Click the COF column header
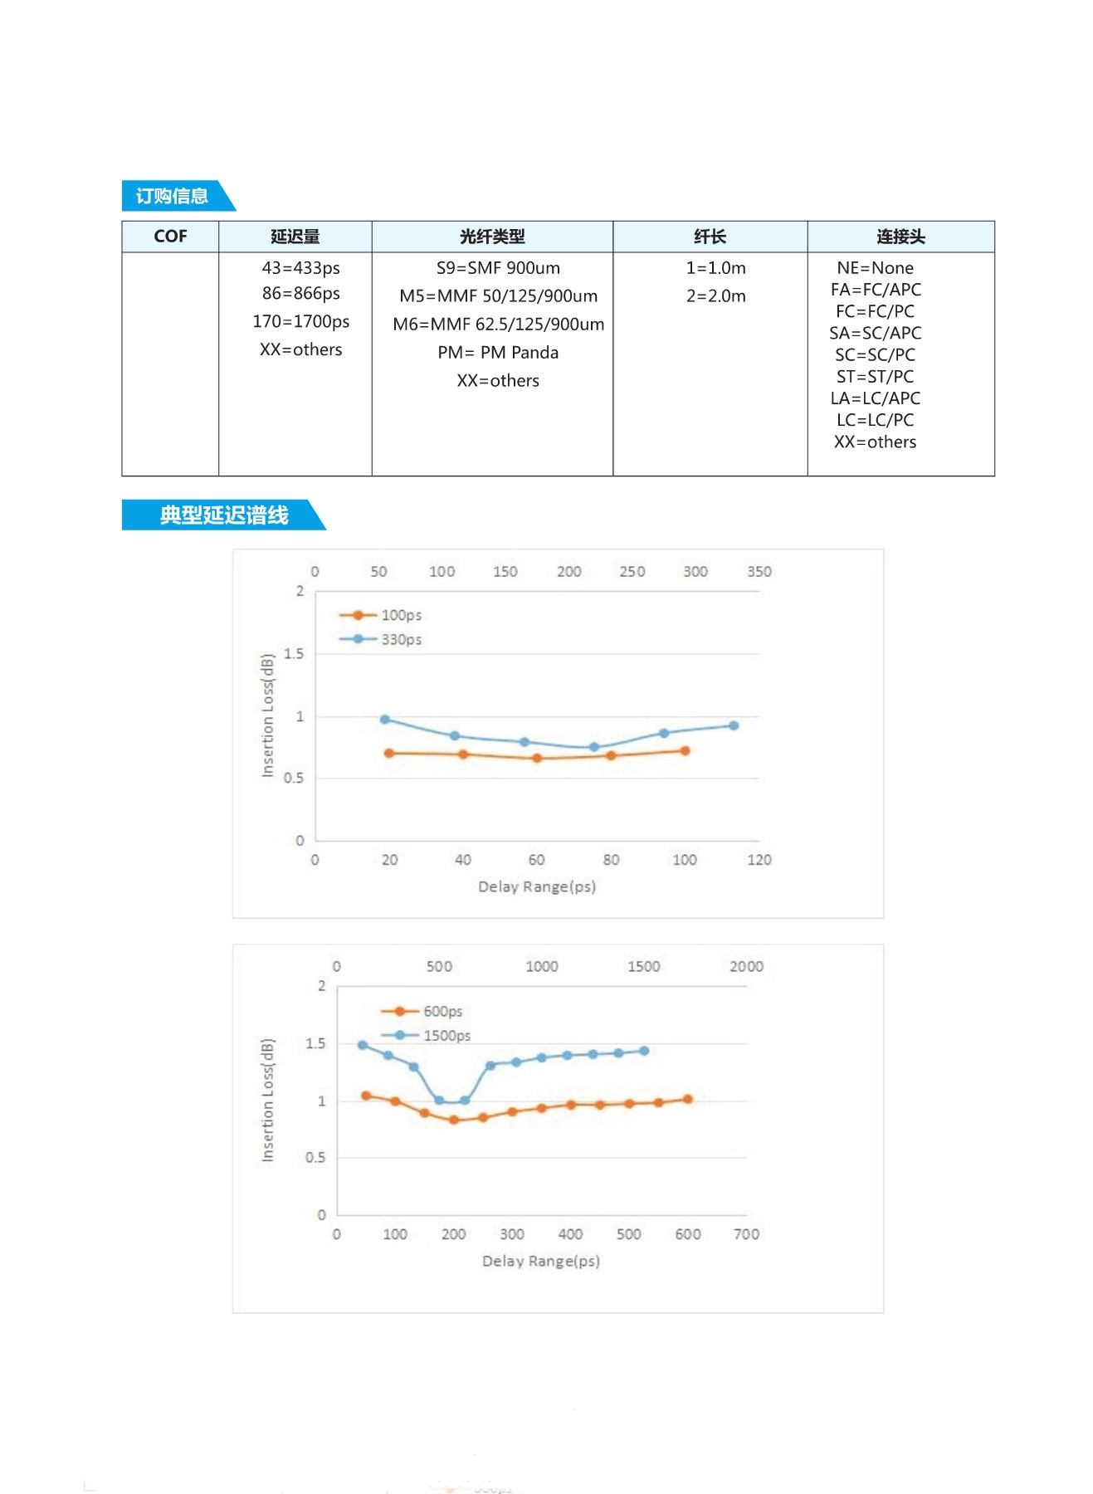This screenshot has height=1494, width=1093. (170, 237)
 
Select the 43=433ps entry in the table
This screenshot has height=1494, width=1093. (300, 268)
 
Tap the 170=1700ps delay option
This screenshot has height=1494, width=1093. (300, 321)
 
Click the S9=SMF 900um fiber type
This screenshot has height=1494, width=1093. (498, 268)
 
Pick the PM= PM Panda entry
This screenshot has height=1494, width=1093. (498, 353)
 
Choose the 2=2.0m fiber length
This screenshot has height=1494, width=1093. (715, 296)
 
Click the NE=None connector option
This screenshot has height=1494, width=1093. (875, 268)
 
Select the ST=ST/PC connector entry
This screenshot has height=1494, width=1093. (875, 377)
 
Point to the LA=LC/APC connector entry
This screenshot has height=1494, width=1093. (875, 398)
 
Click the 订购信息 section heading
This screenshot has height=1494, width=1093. (172, 196)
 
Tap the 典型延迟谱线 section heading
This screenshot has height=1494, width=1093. (223, 515)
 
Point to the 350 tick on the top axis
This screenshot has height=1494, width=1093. (759, 571)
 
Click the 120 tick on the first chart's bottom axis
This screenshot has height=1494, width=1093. (759, 860)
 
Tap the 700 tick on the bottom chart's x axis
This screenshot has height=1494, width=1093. (746, 1234)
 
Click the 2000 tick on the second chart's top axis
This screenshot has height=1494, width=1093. (746, 966)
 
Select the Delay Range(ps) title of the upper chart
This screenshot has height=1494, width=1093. (537, 886)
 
